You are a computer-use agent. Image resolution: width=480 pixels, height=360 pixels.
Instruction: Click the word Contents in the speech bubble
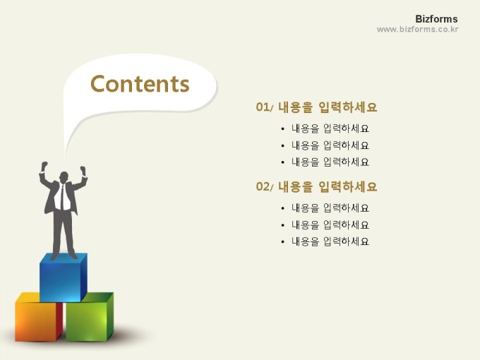point(140,83)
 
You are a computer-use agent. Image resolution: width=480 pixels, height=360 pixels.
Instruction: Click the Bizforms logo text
point(436,19)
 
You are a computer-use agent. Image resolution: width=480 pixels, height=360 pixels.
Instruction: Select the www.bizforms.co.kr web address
point(418,30)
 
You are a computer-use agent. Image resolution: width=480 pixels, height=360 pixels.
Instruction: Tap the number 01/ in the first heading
point(264,107)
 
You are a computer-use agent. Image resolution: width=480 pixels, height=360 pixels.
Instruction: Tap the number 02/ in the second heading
point(264,186)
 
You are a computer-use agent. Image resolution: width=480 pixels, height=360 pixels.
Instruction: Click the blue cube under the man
point(63,277)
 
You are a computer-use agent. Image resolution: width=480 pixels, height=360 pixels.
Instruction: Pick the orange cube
point(36,317)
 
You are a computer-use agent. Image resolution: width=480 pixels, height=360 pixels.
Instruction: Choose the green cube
point(90,317)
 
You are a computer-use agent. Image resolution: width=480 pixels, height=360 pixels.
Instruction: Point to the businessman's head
point(64,177)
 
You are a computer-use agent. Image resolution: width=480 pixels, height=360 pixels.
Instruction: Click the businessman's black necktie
point(62,197)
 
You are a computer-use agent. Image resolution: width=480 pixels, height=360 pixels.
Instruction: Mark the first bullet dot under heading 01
point(282,129)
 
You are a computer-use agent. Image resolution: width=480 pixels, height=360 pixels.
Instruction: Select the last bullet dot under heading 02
point(282,242)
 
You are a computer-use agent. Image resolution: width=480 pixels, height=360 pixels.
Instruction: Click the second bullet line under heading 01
point(330,145)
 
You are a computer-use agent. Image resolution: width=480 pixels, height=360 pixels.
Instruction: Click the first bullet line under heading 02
point(330,208)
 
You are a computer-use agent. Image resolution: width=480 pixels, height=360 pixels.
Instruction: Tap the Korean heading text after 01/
point(328,107)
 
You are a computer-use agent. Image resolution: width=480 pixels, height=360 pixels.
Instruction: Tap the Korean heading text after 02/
point(328,186)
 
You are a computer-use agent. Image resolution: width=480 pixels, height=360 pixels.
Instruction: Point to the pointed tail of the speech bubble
point(65,156)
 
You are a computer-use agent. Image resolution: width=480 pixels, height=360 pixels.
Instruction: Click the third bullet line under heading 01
point(330,162)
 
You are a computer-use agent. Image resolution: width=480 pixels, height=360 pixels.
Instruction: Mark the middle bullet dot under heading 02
point(282,225)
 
